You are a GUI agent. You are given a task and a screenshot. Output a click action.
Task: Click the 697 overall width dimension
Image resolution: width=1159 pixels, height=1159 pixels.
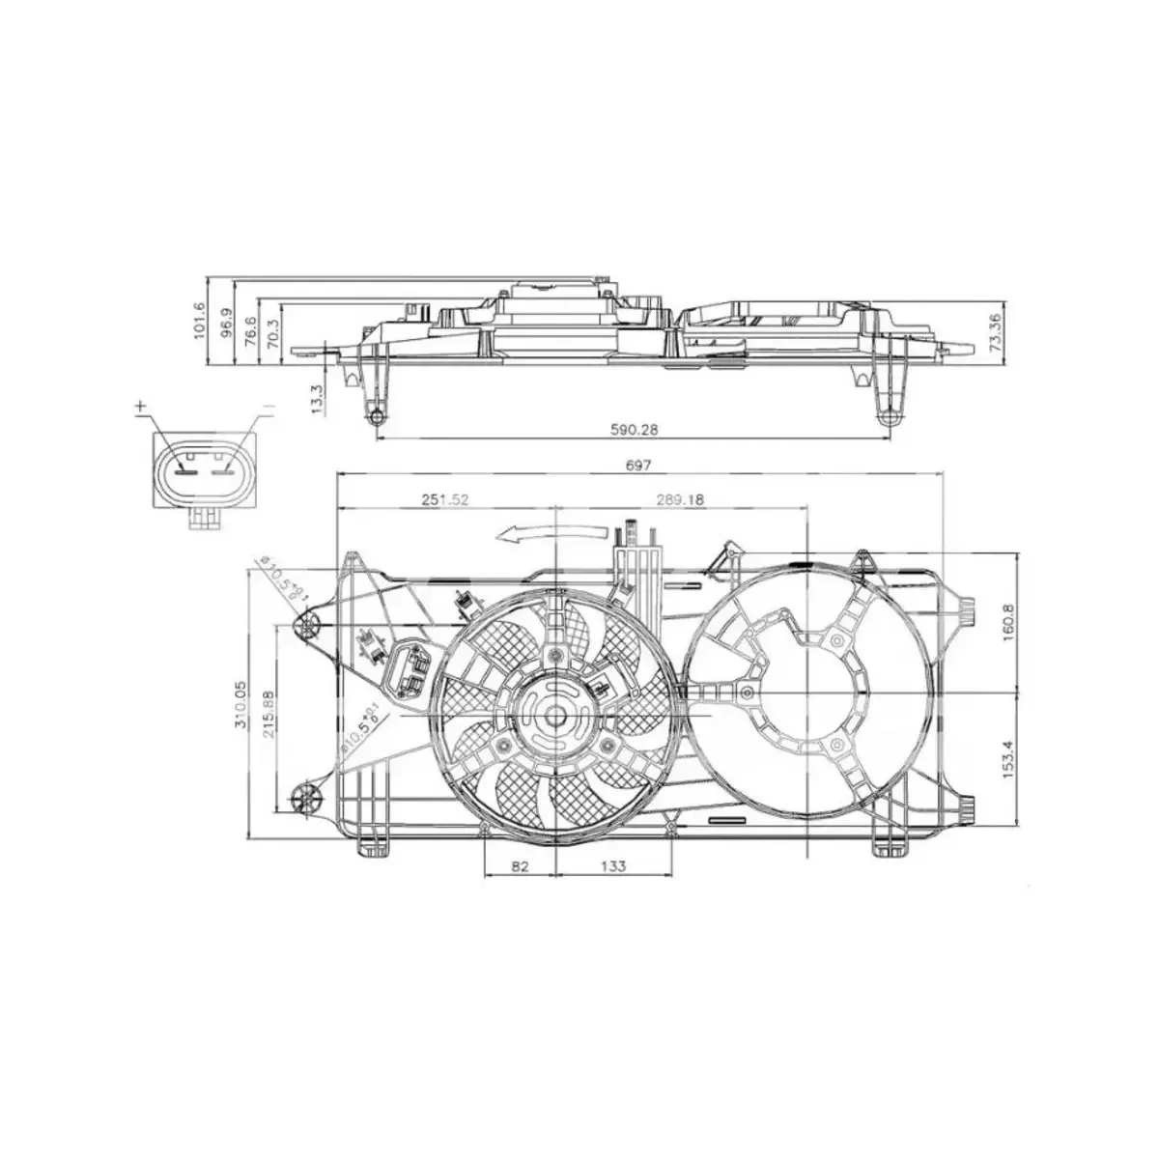639,465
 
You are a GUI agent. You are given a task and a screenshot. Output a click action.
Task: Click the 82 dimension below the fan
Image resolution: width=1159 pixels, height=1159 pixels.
520,866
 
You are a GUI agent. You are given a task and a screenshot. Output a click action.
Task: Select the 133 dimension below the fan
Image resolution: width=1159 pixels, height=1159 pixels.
612,866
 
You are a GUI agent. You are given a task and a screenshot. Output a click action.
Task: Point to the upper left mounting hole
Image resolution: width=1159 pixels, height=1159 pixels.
307,626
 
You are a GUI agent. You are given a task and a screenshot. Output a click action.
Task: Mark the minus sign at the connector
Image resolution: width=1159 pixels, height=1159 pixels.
269,407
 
